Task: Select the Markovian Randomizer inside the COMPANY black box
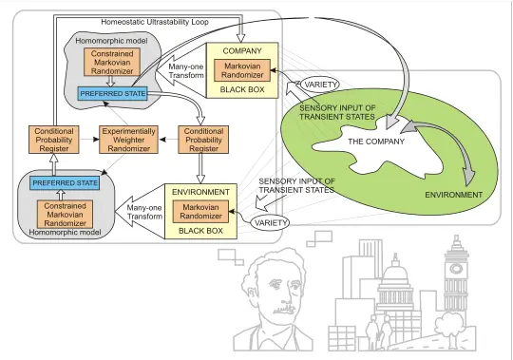235,71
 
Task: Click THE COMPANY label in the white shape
375,142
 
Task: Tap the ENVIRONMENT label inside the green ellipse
453,195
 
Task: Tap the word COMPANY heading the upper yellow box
235,48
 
